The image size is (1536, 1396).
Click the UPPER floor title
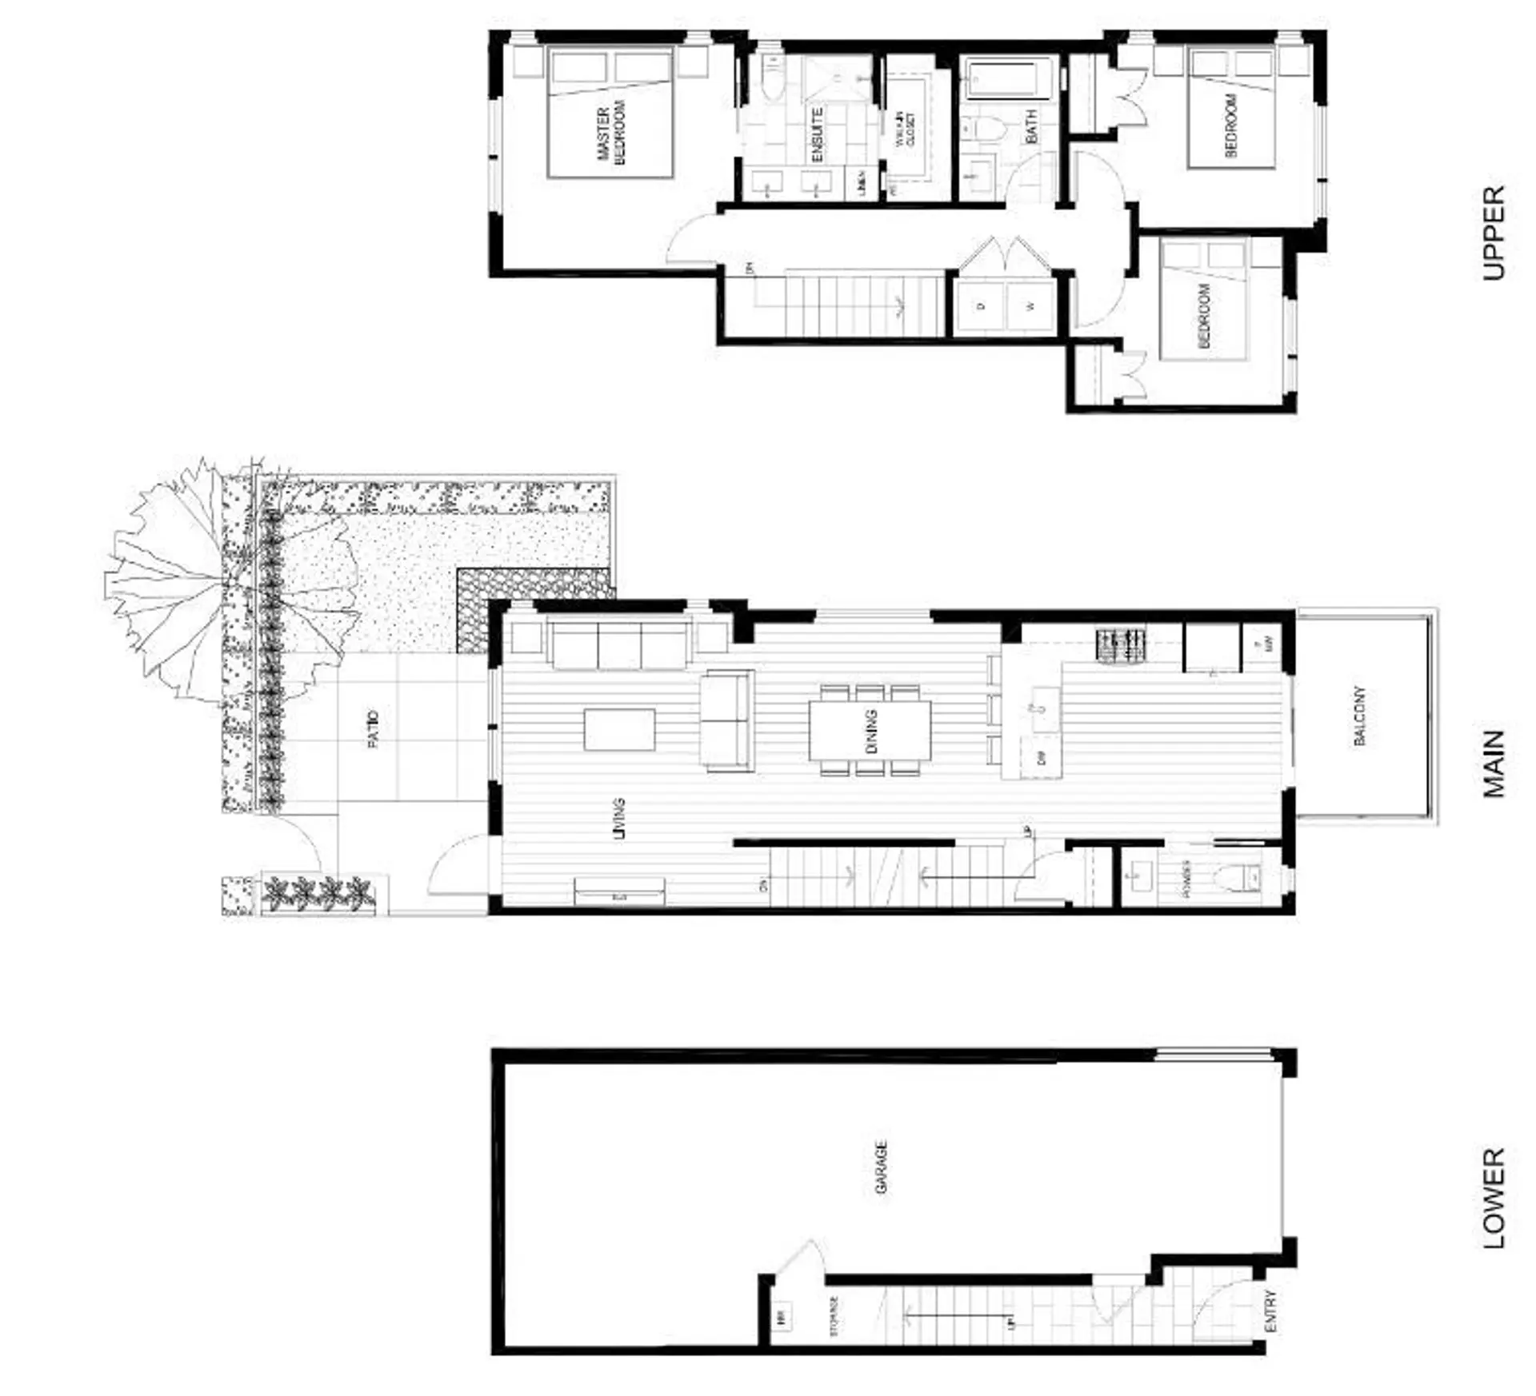point(1493,233)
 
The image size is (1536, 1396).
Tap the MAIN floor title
point(1493,764)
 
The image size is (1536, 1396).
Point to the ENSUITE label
point(817,135)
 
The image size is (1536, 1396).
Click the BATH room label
point(1030,126)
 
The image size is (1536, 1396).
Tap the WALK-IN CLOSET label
point(906,130)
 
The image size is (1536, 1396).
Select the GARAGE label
point(881,1167)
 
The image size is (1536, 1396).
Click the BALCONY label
point(1359,715)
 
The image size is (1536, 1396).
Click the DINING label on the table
point(871,731)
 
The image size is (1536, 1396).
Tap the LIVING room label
point(618,818)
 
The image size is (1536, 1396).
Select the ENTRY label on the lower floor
point(1270,1312)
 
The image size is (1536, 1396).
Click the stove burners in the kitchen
point(1122,646)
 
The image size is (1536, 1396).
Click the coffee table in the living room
point(619,729)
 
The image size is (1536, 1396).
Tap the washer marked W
point(1031,305)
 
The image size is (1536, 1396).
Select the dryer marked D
point(982,305)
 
